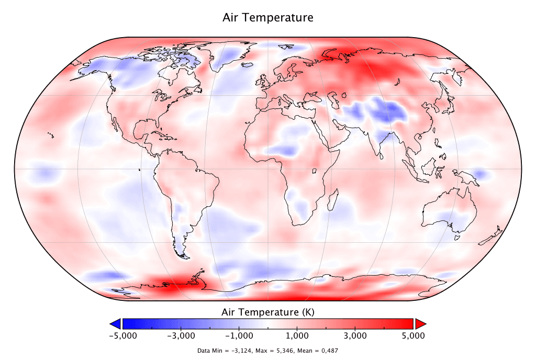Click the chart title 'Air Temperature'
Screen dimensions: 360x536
click(x=267, y=18)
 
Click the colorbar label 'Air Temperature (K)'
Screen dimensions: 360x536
click(x=267, y=312)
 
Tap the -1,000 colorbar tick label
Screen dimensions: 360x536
click(x=239, y=335)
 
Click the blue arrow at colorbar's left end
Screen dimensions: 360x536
click(x=115, y=323)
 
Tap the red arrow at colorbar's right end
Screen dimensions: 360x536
click(x=420, y=323)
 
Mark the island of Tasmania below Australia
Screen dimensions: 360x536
click(x=456, y=237)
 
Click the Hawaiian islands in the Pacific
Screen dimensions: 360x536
click(x=51, y=136)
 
